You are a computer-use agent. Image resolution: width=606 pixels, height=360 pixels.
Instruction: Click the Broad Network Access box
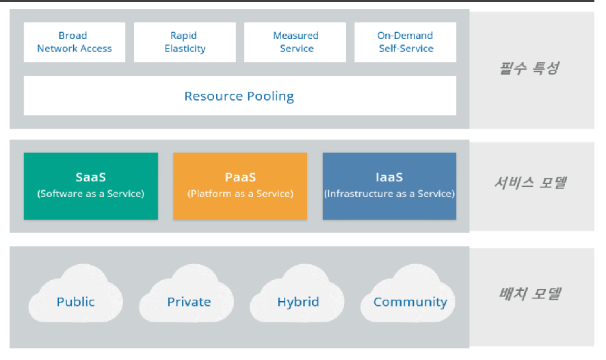pos(75,42)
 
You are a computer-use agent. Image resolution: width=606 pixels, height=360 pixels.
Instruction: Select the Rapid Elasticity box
pos(185,42)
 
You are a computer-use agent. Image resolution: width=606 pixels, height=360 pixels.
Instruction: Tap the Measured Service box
pos(295,42)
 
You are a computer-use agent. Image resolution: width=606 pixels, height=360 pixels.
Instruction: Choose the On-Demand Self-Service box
pos(406,42)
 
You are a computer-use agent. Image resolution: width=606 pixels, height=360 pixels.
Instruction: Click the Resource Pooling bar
pos(239,96)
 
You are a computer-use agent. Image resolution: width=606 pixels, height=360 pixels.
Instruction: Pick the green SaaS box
pos(90,185)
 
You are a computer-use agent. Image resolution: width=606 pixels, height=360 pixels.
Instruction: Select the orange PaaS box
pos(240,185)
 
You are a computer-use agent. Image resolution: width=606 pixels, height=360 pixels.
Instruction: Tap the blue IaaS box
pos(389,185)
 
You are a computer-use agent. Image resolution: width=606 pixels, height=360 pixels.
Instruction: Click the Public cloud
pos(76,301)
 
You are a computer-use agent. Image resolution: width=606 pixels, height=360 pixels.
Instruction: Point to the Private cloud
pos(189,301)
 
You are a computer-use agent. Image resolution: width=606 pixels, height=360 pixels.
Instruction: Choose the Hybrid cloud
pos(298,301)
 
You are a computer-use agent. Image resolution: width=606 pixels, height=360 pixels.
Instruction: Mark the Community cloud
pos(410,301)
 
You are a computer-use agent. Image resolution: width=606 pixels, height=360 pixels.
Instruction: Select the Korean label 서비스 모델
pos(529,183)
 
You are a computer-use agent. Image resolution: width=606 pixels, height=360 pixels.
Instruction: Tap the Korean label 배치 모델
pos(529,294)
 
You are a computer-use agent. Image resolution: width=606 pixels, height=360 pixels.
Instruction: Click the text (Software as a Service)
pos(90,194)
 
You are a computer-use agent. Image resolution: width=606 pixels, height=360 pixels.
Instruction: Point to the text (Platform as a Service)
pos(240,194)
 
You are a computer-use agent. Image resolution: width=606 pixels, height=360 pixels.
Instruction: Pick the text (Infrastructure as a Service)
pos(389,194)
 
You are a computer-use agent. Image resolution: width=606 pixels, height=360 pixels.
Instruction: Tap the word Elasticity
pos(185,49)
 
